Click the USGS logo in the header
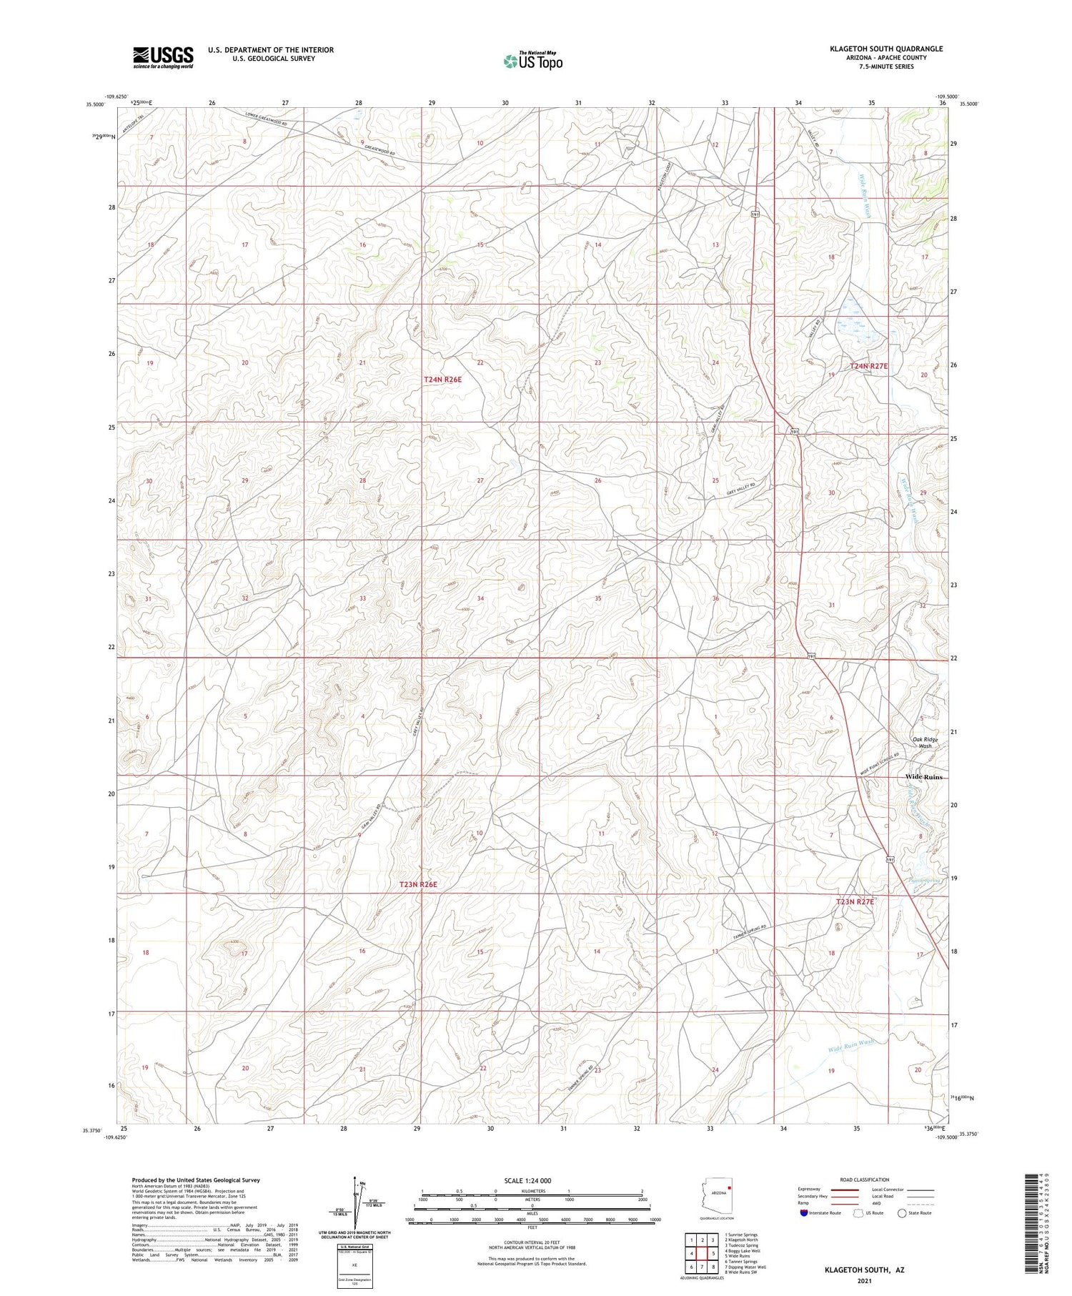point(163,56)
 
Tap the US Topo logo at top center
point(532,61)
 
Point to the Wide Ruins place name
point(923,776)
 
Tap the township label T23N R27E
point(855,901)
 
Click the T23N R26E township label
point(418,884)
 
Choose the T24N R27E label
point(868,366)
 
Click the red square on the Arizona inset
point(729,1187)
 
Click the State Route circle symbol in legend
point(902,1213)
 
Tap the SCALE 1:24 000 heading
point(532,1180)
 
